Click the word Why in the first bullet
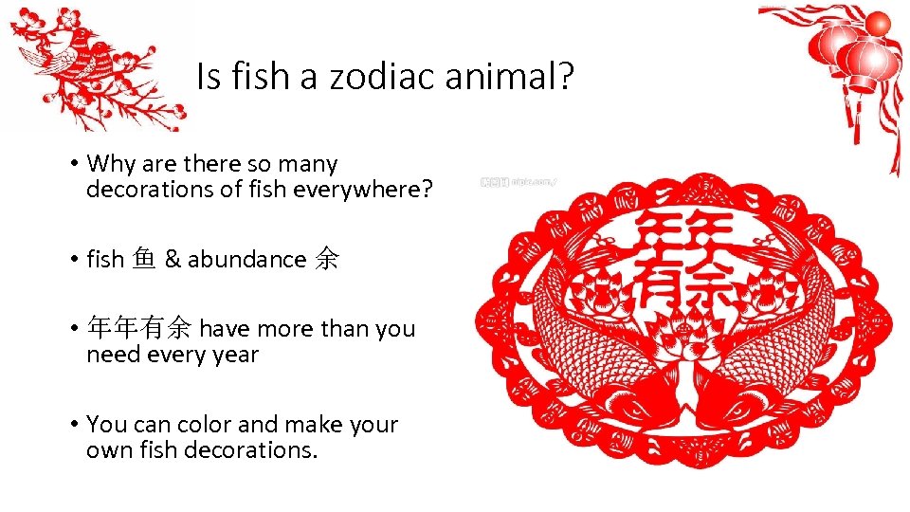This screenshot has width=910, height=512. tap(112, 165)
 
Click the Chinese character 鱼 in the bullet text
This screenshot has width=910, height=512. tap(144, 259)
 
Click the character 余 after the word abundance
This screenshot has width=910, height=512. tap(325, 259)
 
